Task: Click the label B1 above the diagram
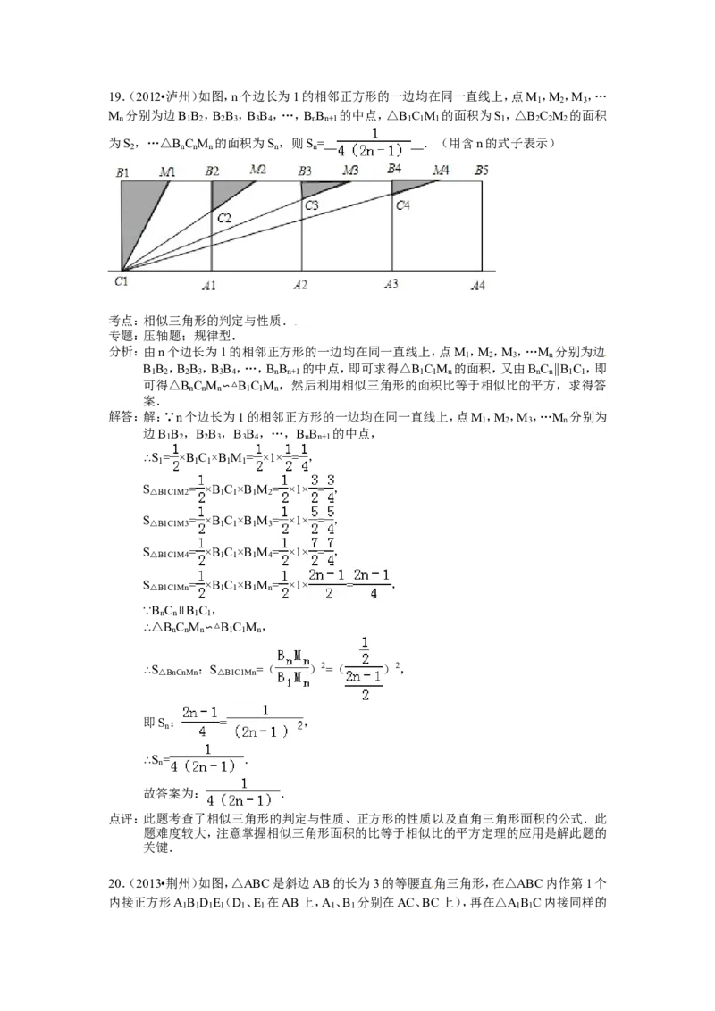(122, 172)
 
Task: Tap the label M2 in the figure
(258, 170)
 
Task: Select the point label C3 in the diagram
(312, 205)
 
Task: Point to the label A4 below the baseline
(477, 286)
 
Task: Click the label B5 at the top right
(482, 171)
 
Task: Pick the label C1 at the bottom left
(122, 281)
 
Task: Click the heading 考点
(122, 321)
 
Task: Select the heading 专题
(122, 336)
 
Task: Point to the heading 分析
(122, 352)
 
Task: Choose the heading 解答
(122, 417)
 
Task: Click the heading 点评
(122, 820)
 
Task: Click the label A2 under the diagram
(300, 285)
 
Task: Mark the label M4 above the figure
(442, 171)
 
